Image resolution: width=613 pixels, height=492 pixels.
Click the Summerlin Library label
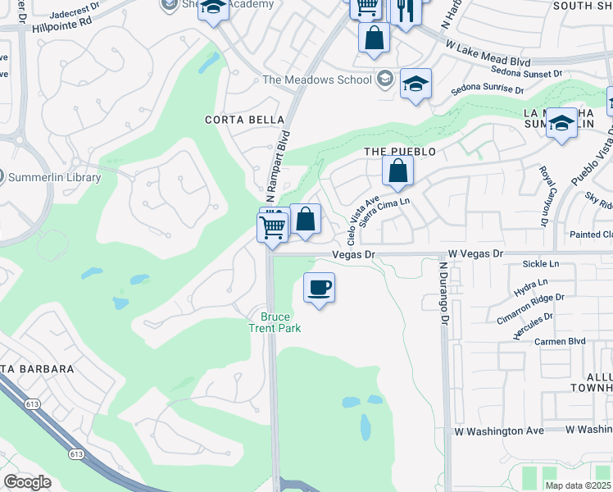54,177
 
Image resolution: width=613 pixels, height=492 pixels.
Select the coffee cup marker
319,288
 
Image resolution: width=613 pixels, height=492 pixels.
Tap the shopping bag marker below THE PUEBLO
397,172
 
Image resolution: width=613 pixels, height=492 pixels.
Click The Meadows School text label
316,80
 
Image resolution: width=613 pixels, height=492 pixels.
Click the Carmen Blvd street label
560,341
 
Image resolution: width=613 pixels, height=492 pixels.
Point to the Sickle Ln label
541,264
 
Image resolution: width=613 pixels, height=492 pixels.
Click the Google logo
27,482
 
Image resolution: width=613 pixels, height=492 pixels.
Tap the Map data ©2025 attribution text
578,485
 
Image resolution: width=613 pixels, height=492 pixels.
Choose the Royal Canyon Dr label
543,196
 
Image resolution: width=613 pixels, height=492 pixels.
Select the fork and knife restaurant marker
404,10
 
